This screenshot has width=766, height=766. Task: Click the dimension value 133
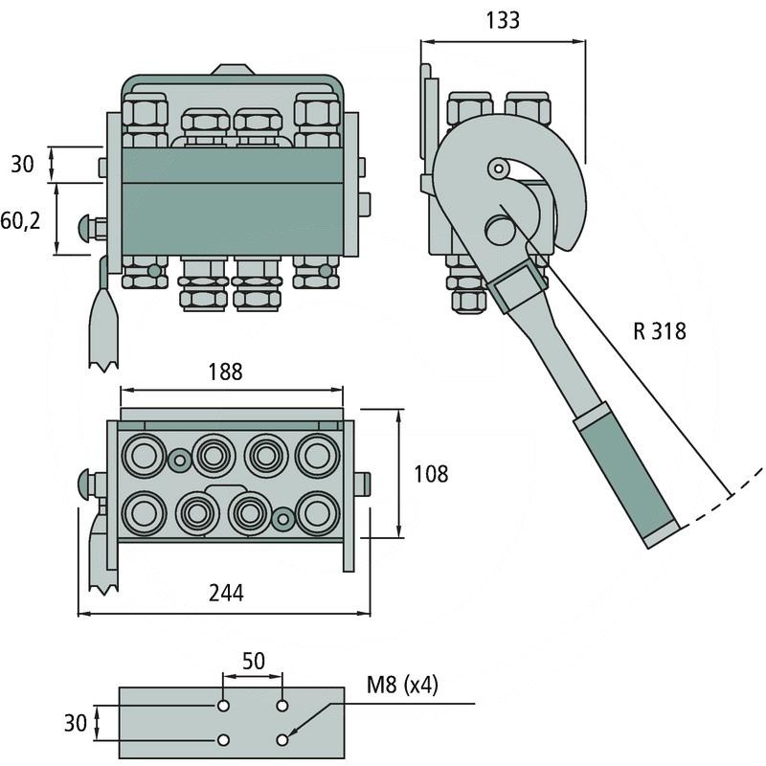click(x=502, y=19)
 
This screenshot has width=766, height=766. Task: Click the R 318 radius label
click(x=660, y=332)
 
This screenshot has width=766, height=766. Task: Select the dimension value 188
click(x=223, y=371)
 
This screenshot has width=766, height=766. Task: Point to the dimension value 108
click(x=431, y=473)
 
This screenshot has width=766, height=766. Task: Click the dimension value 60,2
click(x=21, y=221)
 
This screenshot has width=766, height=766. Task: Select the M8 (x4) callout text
click(x=402, y=686)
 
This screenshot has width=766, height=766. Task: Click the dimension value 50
click(x=253, y=662)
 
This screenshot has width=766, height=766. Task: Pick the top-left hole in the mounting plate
click(x=222, y=706)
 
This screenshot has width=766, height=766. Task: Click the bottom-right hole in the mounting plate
click(x=282, y=739)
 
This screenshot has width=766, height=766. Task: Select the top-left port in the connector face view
click(x=143, y=455)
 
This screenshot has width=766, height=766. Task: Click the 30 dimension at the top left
click(x=21, y=164)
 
